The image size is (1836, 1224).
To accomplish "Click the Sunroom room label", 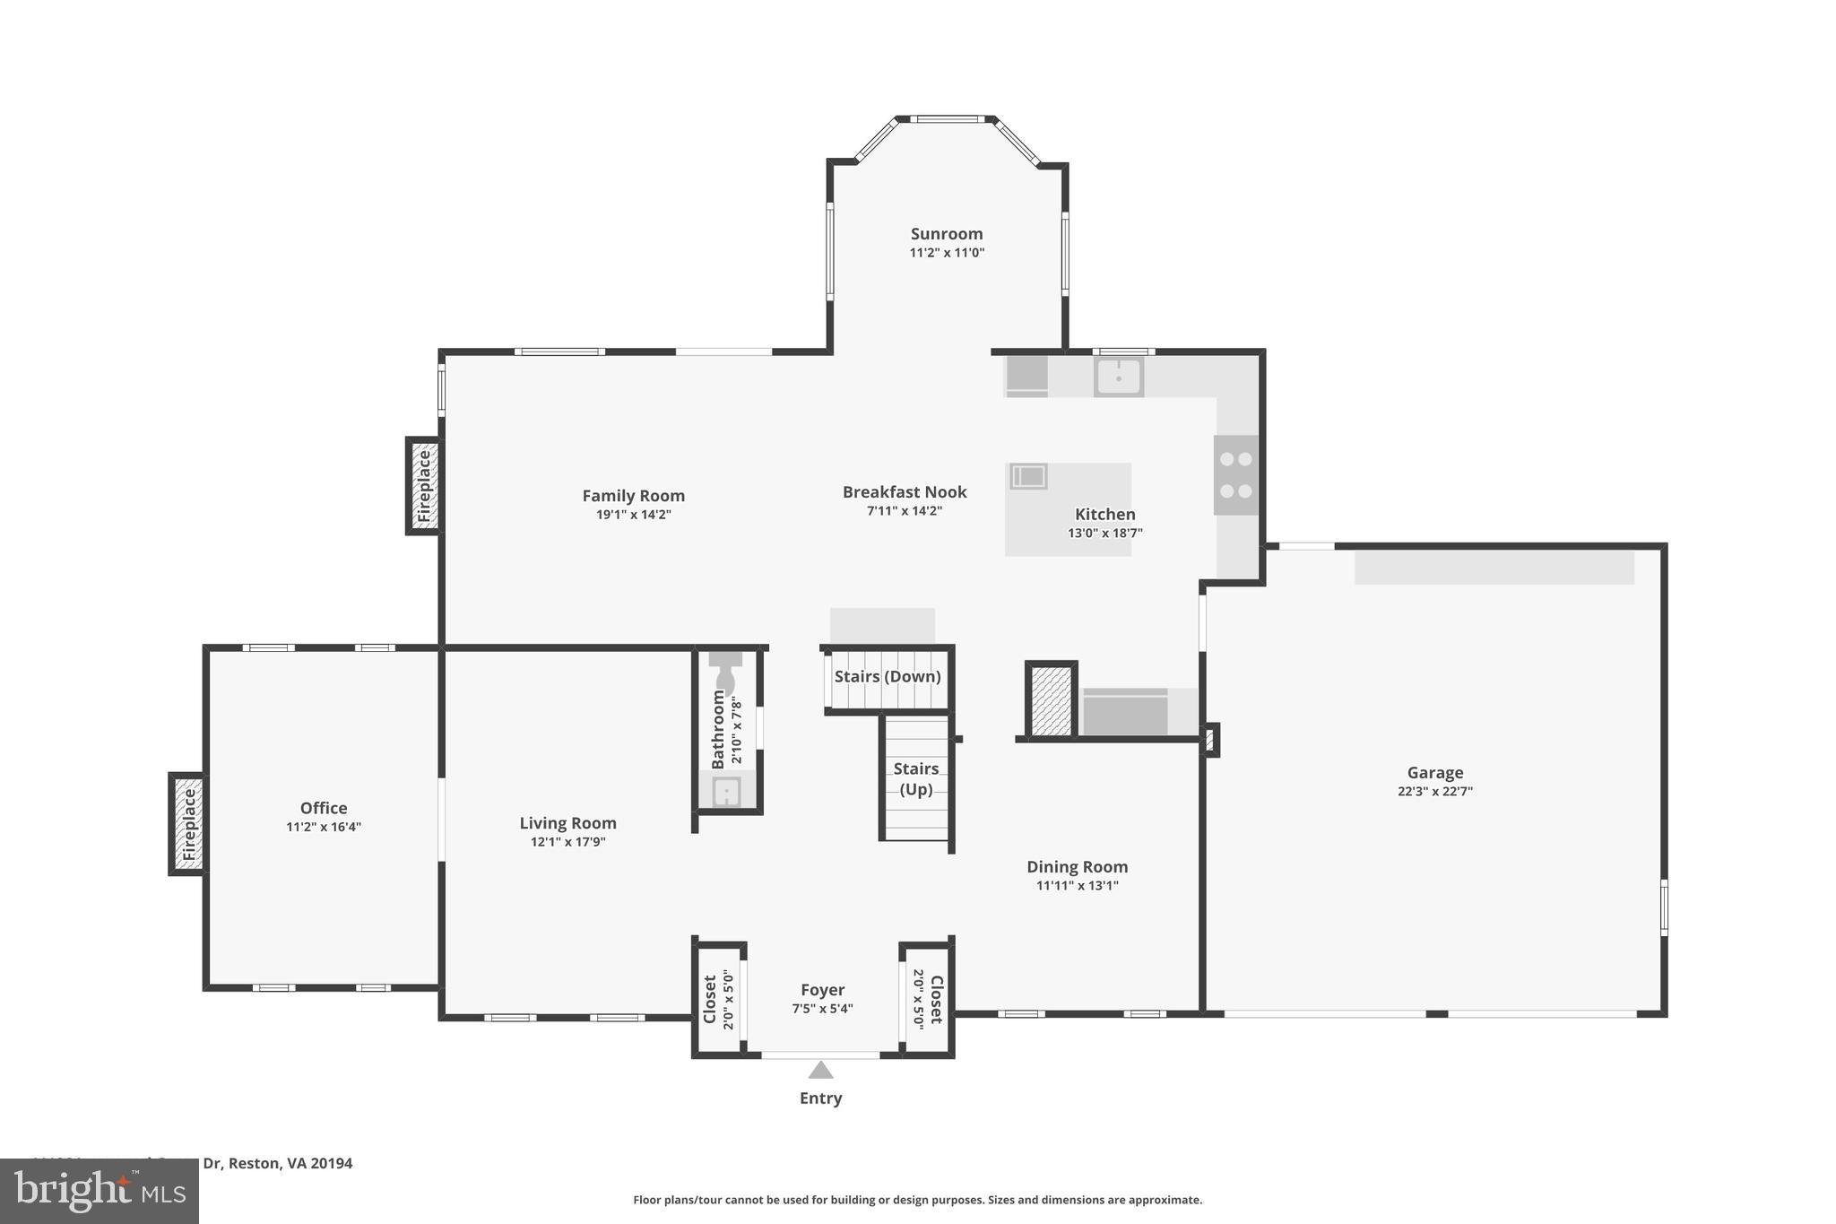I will (x=947, y=234).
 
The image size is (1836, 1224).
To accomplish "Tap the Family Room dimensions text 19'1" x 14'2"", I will (x=633, y=515).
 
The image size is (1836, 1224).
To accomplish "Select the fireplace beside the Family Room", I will (x=424, y=486).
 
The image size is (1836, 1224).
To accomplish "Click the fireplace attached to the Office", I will (x=188, y=823).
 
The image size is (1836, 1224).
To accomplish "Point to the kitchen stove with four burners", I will (x=1235, y=475).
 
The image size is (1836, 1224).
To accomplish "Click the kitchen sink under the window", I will (x=1118, y=377).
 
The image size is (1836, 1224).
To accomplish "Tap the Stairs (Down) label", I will (x=887, y=677).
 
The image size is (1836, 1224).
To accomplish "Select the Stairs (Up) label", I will (x=915, y=778).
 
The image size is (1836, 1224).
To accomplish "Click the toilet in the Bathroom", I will (x=724, y=672).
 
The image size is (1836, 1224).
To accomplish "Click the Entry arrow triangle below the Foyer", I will (x=820, y=1070).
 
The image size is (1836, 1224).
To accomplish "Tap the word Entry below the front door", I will (x=820, y=1098).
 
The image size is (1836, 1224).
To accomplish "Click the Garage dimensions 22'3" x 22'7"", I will (x=1434, y=792).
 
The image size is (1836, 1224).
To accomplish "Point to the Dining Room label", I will (x=1077, y=867).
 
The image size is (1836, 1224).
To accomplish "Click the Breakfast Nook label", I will (x=904, y=492).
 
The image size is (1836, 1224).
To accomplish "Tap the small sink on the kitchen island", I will (x=1028, y=476).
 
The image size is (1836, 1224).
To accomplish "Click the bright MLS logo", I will (x=100, y=1191).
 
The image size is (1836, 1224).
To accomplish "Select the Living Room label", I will (x=567, y=823).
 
